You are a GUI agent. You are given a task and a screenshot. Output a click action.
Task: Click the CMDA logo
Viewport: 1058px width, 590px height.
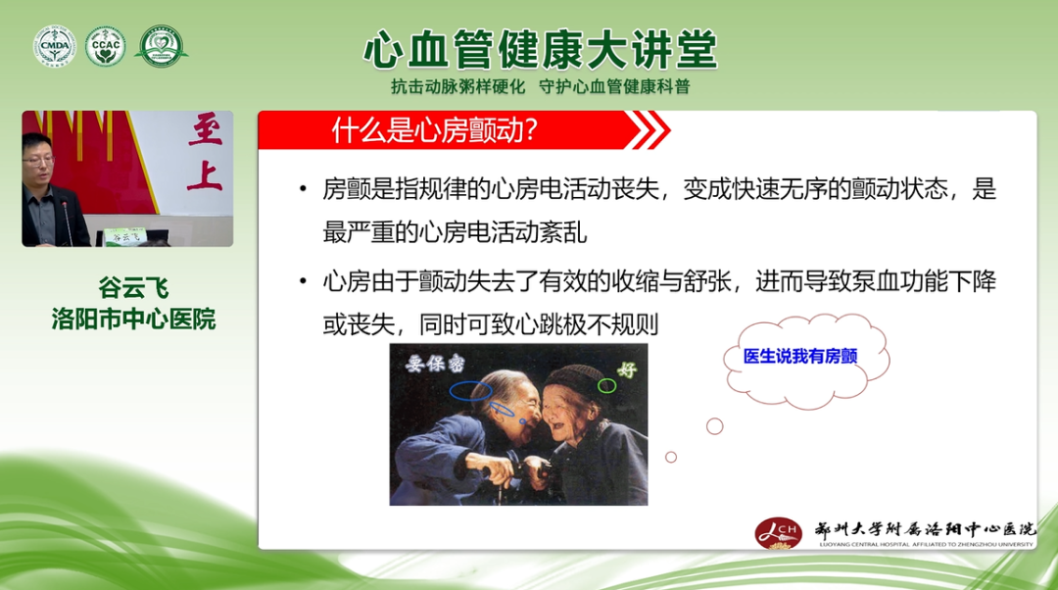(54, 46)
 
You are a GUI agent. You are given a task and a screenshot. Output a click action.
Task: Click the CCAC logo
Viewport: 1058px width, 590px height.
(105, 46)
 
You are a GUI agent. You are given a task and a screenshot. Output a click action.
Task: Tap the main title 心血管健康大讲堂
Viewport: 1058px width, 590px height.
(540, 49)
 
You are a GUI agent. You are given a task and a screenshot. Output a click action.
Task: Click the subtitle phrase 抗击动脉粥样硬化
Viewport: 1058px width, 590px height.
(458, 86)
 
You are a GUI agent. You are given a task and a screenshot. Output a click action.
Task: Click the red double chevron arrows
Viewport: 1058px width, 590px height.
(648, 129)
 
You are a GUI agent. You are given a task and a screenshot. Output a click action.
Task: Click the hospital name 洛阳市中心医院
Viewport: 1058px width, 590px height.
(133, 320)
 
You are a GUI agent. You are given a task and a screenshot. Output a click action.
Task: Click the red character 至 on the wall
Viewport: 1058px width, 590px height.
(206, 130)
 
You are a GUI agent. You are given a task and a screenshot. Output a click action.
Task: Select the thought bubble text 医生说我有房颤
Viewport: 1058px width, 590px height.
(800, 357)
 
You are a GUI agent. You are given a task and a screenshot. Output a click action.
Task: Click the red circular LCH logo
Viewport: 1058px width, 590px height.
(778, 531)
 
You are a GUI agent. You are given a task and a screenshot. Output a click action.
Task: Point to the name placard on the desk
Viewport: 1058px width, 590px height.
(122, 235)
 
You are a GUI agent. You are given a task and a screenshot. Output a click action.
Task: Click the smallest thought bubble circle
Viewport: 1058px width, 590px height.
(671, 457)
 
